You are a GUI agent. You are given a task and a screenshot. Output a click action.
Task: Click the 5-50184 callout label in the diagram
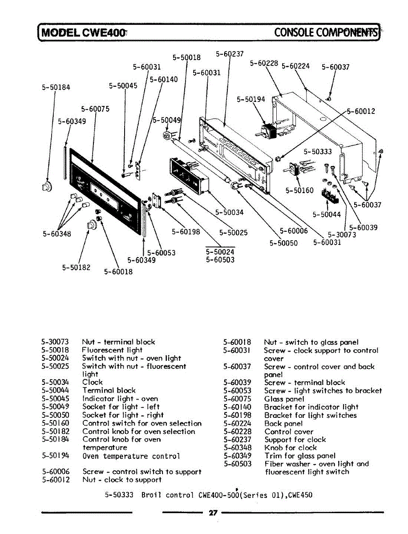pyautogui.click(x=56, y=88)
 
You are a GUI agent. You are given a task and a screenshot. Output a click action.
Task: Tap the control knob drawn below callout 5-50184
pyautogui.click(x=46, y=186)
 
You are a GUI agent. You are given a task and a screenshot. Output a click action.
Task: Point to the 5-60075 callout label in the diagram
pyautogui.click(x=95, y=109)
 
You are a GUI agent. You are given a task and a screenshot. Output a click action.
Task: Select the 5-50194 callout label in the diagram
pyautogui.click(x=250, y=99)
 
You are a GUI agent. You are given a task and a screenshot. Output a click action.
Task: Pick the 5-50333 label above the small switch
pyautogui.click(x=318, y=151)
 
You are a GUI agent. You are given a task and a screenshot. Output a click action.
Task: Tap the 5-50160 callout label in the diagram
pyautogui.click(x=300, y=190)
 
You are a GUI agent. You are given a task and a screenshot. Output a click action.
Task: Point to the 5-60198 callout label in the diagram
pyautogui.click(x=186, y=231)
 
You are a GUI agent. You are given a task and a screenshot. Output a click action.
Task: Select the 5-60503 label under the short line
pyautogui.click(x=220, y=260)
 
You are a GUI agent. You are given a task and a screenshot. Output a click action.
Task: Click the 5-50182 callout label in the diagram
pyautogui.click(x=76, y=267)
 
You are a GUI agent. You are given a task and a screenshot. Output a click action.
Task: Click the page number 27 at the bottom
pyautogui.click(x=213, y=513)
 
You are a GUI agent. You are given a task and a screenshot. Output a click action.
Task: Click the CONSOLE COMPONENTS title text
pyautogui.click(x=326, y=32)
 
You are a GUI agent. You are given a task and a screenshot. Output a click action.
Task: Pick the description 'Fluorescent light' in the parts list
pyautogui.click(x=112, y=350)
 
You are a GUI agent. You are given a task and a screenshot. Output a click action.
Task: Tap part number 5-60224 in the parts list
pyautogui.click(x=237, y=424)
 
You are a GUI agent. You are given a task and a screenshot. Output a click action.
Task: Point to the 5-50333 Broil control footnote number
pyautogui.click(x=119, y=495)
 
